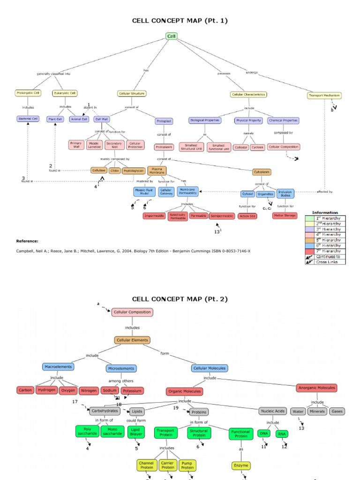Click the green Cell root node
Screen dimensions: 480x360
[171, 36]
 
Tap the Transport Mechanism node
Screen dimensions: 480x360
[324, 96]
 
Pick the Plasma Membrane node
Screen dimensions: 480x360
[157, 171]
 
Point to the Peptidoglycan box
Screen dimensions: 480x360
[133, 171]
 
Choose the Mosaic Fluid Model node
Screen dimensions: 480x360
[144, 192]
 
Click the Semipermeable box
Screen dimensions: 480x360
[222, 216]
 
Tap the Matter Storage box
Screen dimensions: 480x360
[285, 216]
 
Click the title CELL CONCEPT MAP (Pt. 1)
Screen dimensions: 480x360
[180, 21]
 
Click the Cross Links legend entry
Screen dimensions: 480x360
[328, 262]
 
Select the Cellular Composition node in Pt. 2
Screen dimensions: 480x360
[132, 312]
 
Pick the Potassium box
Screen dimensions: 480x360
[132, 390]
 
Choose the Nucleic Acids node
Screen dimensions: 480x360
[272, 411]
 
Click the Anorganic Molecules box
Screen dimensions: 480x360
[317, 388]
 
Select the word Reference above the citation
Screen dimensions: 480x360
[27, 241]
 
